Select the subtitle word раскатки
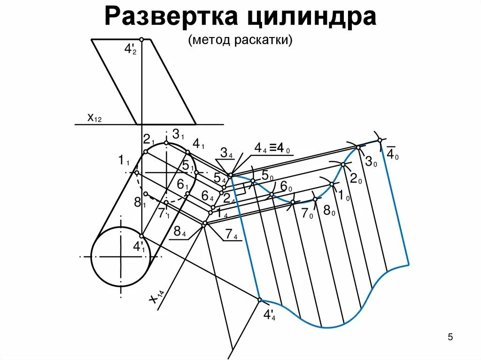[x=265, y=40]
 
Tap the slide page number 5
[x=450, y=337]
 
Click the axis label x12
[x=94, y=118]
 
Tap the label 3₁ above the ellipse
[x=178, y=134]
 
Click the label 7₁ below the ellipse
[x=164, y=213]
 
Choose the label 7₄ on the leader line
[x=232, y=235]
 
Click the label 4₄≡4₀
[x=272, y=148]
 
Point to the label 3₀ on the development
[x=371, y=162]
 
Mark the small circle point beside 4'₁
[x=141, y=236]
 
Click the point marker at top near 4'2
[x=141, y=39]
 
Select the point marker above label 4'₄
[x=259, y=299]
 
